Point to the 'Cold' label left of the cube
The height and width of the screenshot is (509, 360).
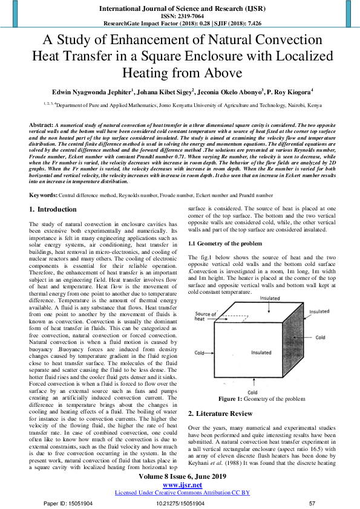[x=199, y=352]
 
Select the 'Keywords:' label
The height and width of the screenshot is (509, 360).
[x=44, y=195]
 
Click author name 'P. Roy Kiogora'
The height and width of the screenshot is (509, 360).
[x=289, y=92]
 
